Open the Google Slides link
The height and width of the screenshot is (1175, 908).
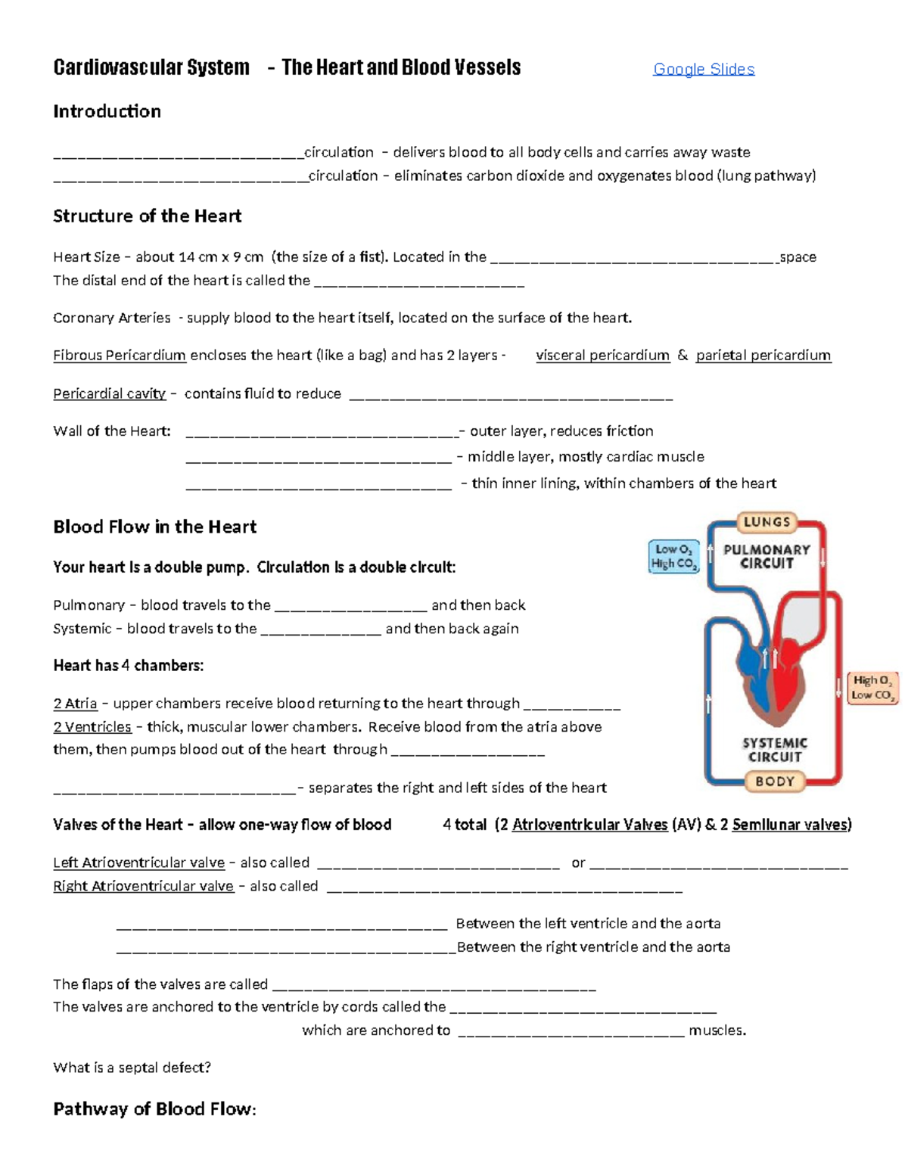(x=704, y=70)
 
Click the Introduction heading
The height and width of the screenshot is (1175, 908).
(x=107, y=111)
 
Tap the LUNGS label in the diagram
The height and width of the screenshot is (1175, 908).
(x=767, y=522)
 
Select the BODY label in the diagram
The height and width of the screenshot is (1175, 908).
(x=775, y=782)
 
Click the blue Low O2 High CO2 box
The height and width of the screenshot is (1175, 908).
(x=673, y=557)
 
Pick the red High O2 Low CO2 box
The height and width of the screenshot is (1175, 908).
(x=872, y=688)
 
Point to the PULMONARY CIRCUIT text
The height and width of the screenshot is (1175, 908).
(x=767, y=557)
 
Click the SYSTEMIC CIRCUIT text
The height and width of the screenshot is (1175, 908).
(x=775, y=750)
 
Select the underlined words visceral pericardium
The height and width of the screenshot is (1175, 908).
(x=602, y=356)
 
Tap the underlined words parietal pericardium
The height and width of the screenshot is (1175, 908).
(x=763, y=356)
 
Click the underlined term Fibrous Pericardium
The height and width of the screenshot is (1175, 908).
(x=120, y=356)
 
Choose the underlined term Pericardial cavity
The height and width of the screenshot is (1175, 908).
(x=109, y=393)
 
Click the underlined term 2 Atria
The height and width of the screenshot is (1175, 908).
(x=75, y=704)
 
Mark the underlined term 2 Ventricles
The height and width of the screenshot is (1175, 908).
(x=92, y=727)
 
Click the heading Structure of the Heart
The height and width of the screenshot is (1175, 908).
(x=147, y=216)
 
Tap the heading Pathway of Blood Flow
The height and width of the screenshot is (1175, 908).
(x=154, y=1109)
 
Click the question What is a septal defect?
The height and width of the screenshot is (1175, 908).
(x=132, y=1068)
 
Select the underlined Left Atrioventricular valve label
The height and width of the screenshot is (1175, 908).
(x=138, y=863)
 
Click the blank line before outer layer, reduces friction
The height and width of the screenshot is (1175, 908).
(x=322, y=433)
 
